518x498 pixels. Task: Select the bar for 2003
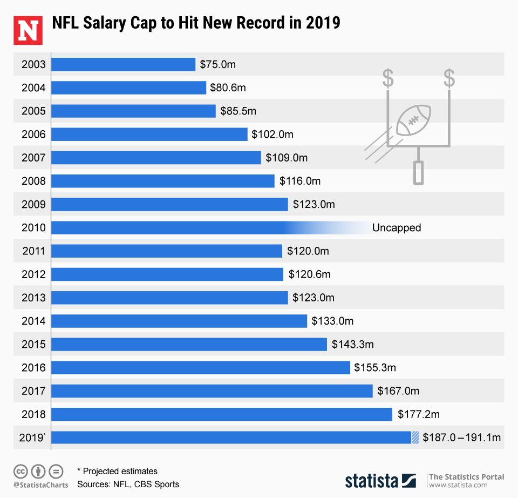(123, 64)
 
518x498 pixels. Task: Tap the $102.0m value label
(272, 134)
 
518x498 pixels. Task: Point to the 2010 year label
(33, 228)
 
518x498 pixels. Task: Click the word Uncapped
(397, 228)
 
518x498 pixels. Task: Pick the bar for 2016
(201, 368)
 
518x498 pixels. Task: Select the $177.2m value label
(419, 414)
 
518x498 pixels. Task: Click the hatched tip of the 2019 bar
(415, 438)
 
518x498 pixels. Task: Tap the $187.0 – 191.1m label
(462, 438)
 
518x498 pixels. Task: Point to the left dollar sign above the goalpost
(388, 78)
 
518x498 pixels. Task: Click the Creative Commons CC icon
(21, 471)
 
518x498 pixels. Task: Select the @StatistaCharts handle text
(40, 484)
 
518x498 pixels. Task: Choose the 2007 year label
(33, 158)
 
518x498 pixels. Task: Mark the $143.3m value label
(352, 345)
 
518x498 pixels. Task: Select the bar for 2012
(167, 274)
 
